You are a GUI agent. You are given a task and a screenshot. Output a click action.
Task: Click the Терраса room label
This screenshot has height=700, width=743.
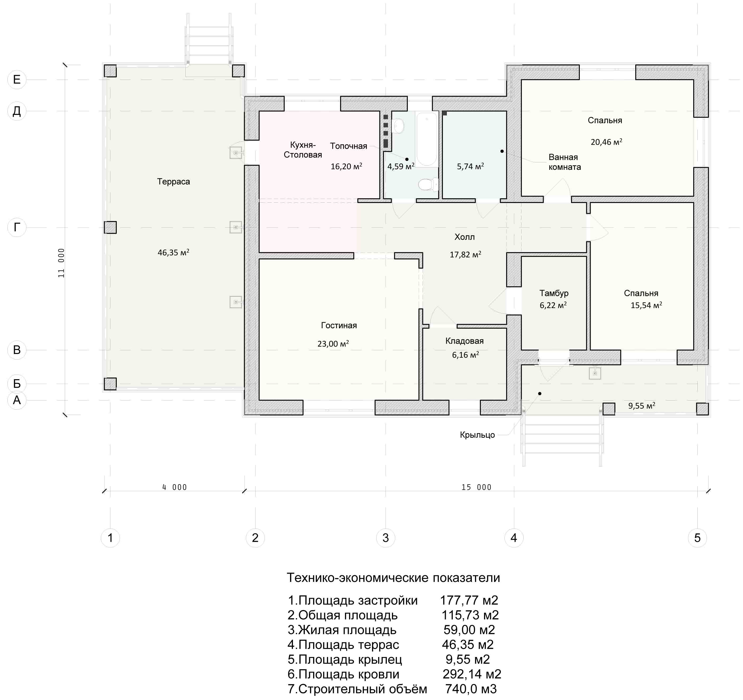(174, 182)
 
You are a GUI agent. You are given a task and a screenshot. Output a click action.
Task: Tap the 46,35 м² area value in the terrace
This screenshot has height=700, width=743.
(174, 252)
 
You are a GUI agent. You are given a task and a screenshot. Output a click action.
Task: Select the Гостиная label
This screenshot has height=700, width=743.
(339, 326)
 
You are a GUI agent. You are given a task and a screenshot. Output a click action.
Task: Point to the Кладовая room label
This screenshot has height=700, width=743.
(465, 341)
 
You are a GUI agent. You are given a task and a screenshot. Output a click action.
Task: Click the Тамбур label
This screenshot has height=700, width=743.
(554, 293)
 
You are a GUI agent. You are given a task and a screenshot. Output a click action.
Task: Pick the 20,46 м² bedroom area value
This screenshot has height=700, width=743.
(607, 142)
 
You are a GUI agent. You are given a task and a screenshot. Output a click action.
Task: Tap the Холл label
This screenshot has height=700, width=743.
(465, 237)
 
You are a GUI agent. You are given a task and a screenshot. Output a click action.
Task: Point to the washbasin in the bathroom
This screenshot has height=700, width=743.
(399, 126)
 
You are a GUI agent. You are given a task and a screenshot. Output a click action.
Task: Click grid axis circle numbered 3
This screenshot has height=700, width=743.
(386, 538)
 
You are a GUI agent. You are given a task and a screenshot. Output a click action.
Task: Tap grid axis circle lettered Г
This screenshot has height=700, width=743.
(17, 227)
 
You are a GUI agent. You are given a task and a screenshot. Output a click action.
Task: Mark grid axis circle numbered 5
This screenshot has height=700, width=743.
(697, 538)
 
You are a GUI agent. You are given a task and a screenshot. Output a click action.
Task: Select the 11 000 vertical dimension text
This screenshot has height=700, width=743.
(61, 263)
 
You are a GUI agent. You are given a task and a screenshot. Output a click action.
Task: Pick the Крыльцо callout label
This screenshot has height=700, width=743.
(477, 435)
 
